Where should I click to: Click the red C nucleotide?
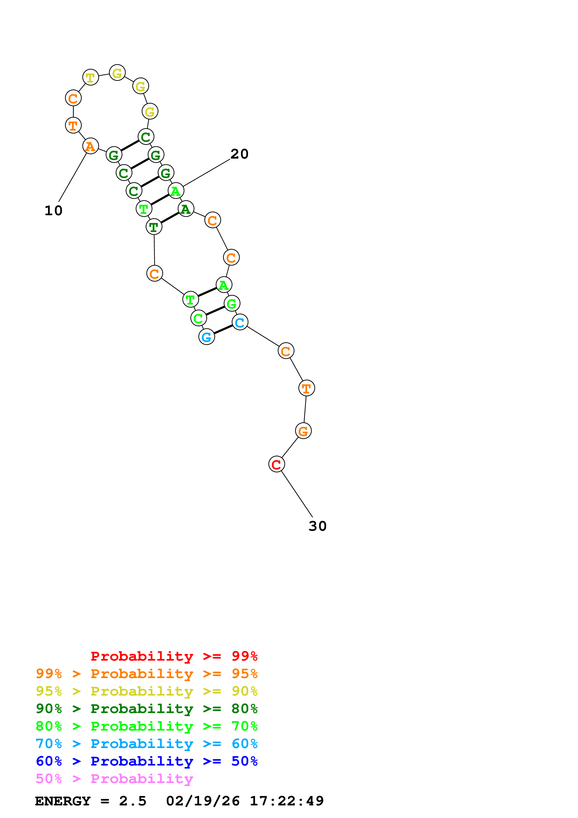(276, 464)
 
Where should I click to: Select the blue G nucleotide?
(207, 337)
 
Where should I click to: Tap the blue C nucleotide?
(240, 322)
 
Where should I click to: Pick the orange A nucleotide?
(90, 146)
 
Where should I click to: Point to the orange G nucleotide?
(303, 431)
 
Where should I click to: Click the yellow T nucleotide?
(90, 77)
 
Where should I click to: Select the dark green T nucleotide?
(154, 227)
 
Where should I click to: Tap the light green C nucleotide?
(198, 318)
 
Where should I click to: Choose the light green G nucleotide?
(232, 304)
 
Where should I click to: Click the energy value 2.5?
(132, 801)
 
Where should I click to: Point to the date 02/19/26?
(203, 801)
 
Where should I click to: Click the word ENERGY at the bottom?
(63, 801)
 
